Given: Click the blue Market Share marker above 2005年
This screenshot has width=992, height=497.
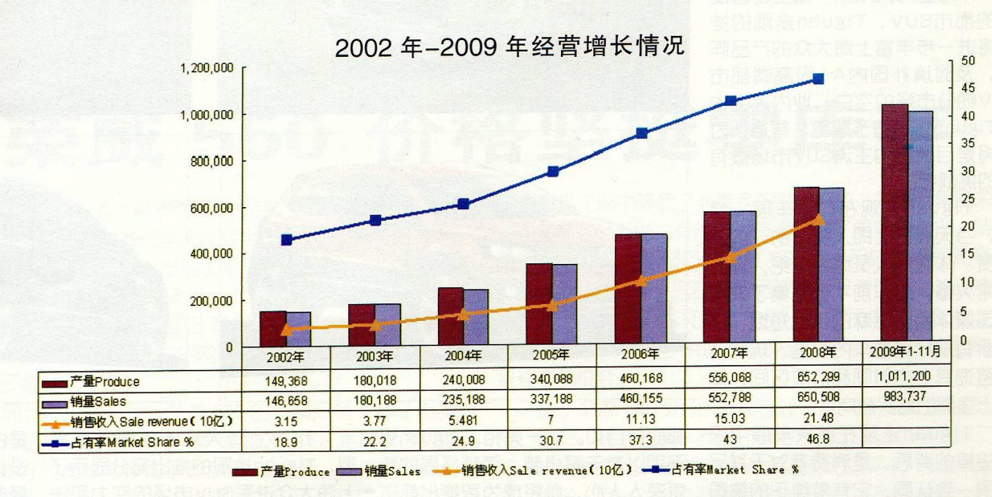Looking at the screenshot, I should coord(553,171).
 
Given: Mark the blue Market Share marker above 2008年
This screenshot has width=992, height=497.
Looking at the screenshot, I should coord(818,79).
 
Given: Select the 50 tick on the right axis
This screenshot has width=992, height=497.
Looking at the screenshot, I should coord(969,60).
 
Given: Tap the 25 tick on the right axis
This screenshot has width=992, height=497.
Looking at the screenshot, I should coord(969,199).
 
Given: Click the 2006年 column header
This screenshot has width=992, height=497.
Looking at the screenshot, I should coord(640,354).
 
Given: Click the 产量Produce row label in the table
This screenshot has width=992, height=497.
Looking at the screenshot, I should coord(105,382).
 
